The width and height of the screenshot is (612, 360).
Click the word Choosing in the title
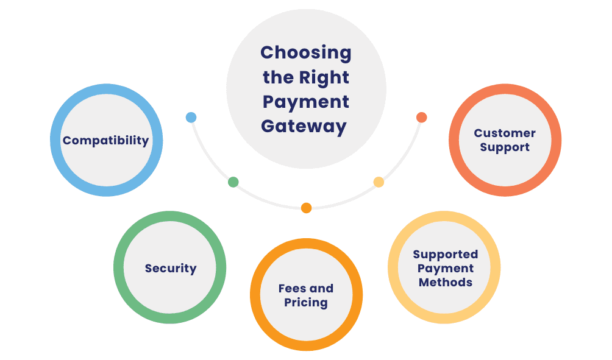[305, 53]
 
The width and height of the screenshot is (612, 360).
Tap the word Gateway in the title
[304, 126]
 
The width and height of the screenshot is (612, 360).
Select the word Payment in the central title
[306, 102]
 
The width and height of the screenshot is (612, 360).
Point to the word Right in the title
[324, 77]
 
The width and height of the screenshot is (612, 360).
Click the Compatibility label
[105, 141]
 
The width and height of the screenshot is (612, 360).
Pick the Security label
[171, 268]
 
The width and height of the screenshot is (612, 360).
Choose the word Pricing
[306, 302]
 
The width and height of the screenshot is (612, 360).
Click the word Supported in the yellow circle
[445, 254]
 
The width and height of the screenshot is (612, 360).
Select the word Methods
[445, 282]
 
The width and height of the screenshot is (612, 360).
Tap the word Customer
[505, 133]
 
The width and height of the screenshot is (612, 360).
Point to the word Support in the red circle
[505, 147]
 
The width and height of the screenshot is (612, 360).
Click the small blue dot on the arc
[191, 118]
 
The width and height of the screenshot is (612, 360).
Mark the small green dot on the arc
[233, 182]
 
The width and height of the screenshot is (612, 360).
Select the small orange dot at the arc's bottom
[307, 208]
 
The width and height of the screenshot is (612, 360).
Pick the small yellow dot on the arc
[379, 182]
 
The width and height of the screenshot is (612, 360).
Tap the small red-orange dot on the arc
[421, 117]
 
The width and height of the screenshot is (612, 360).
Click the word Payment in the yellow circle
[446, 268]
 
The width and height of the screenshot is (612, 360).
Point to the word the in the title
[279, 77]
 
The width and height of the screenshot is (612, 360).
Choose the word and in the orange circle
[321, 288]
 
